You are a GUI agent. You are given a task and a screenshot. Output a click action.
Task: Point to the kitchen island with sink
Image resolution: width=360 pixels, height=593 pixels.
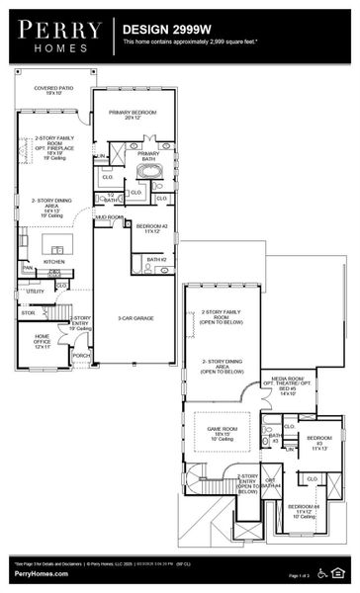click(x=52, y=244)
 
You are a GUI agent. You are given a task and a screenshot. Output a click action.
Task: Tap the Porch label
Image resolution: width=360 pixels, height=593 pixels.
click(x=81, y=356)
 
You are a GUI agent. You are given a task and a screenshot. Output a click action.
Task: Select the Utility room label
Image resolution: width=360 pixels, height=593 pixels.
click(x=35, y=292)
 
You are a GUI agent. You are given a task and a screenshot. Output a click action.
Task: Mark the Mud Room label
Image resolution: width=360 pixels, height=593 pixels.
click(x=109, y=216)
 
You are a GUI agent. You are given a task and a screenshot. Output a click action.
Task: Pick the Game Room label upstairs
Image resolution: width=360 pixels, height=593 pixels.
click(x=221, y=431)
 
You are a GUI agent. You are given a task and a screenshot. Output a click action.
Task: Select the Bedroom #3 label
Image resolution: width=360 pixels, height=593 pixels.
click(x=319, y=441)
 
